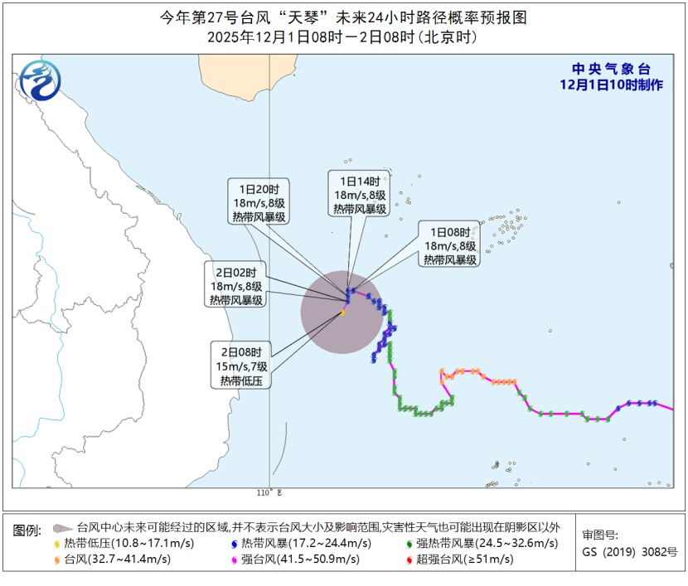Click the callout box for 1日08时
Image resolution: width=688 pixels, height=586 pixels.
(x=450, y=245)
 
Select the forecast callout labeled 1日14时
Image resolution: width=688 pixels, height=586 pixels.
(x=360, y=195)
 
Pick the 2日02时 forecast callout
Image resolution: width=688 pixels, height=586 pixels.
(x=236, y=286)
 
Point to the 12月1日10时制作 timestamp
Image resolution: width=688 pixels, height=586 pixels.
(x=611, y=85)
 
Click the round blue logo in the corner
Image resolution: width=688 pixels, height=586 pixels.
(x=40, y=80)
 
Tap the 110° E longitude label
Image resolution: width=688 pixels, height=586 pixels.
(x=269, y=492)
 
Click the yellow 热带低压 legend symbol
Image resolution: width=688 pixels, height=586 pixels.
(x=56, y=544)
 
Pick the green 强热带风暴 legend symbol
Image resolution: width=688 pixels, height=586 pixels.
(x=410, y=544)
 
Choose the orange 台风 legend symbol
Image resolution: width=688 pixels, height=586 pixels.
(x=56, y=559)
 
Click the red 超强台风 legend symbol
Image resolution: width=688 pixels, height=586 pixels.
(x=410, y=559)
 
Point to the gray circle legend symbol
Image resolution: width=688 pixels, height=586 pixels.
(x=60, y=527)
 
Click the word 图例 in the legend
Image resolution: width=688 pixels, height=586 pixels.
(x=27, y=528)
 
